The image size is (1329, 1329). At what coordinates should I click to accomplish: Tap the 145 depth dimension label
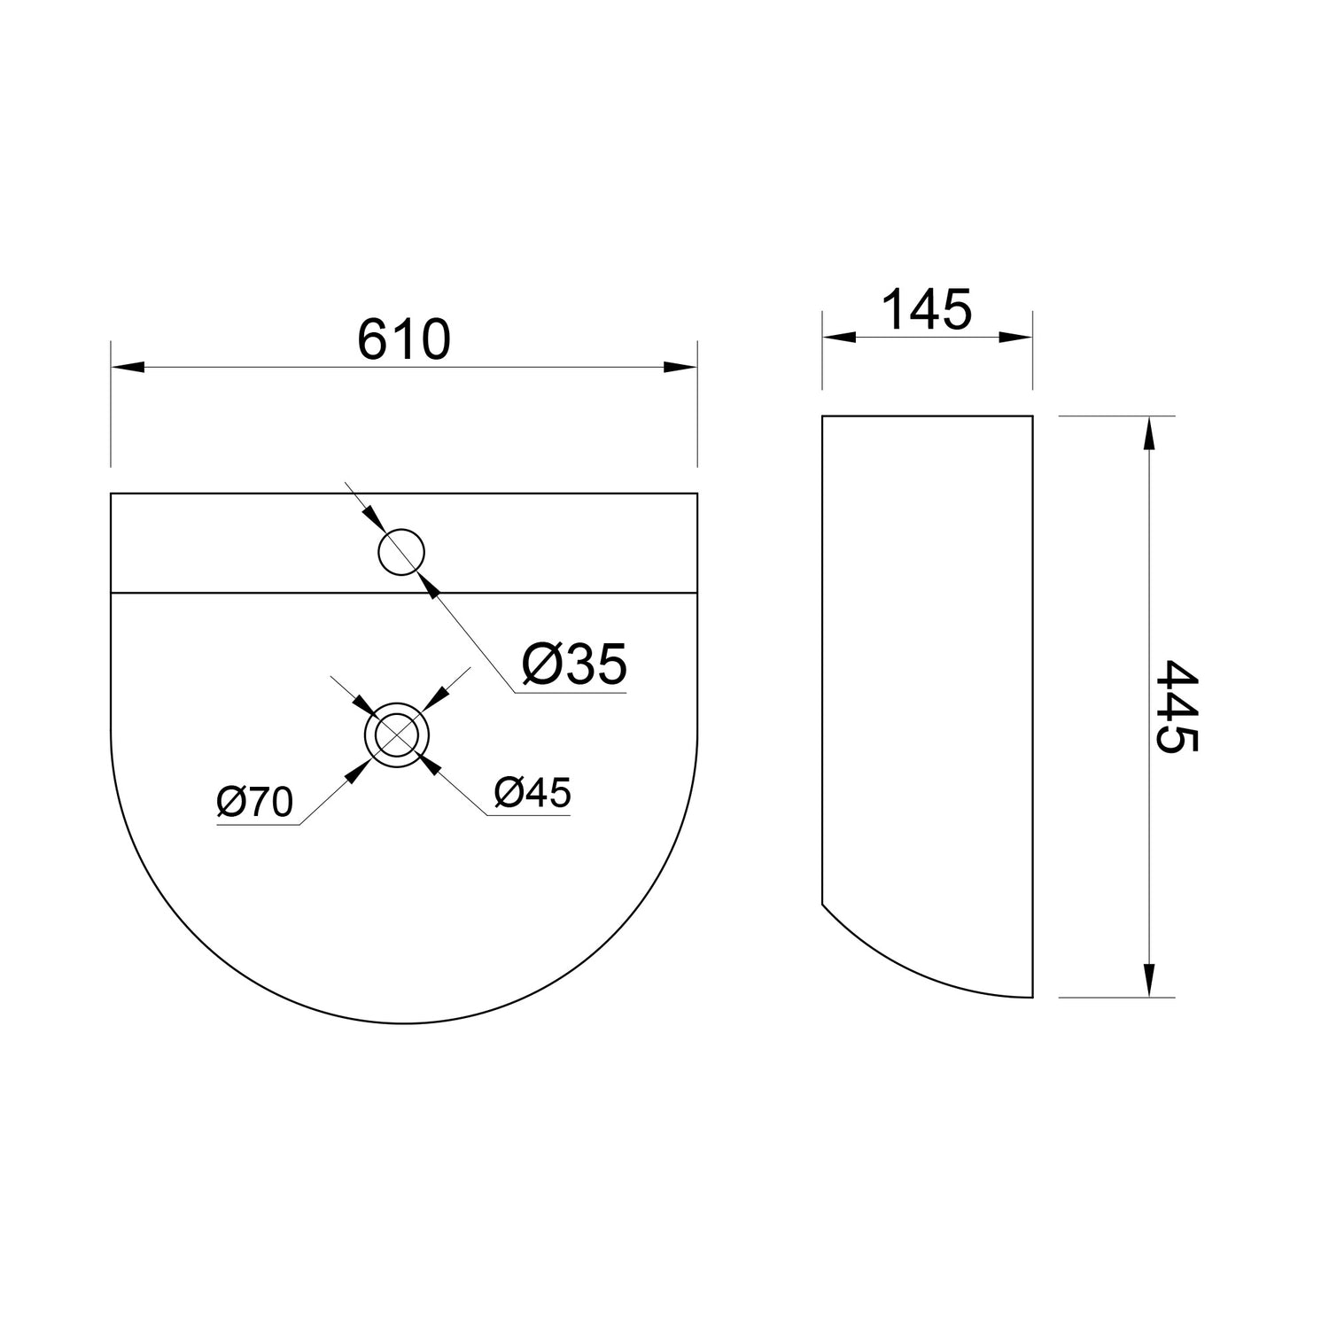(927, 309)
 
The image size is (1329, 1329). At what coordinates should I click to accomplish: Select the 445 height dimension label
(1177, 705)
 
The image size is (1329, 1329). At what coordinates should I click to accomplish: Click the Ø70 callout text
(255, 803)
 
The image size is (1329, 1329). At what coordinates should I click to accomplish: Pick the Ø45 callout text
(533, 793)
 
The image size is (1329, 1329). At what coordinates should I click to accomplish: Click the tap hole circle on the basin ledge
(401, 552)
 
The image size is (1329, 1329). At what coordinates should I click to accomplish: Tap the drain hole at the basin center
(396, 735)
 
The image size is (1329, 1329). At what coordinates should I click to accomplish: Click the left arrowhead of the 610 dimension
(127, 366)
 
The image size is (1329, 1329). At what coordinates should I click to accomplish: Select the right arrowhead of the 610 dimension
(680, 366)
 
